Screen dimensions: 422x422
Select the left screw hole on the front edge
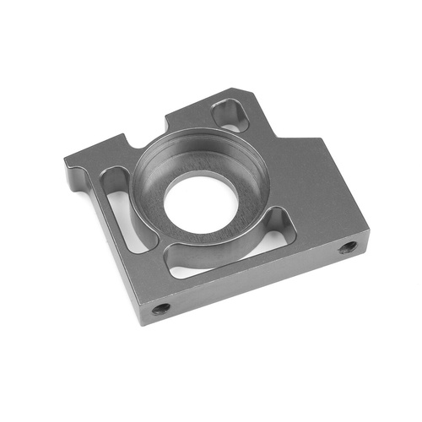pos(160,308)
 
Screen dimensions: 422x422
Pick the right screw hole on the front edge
pos(348,247)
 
